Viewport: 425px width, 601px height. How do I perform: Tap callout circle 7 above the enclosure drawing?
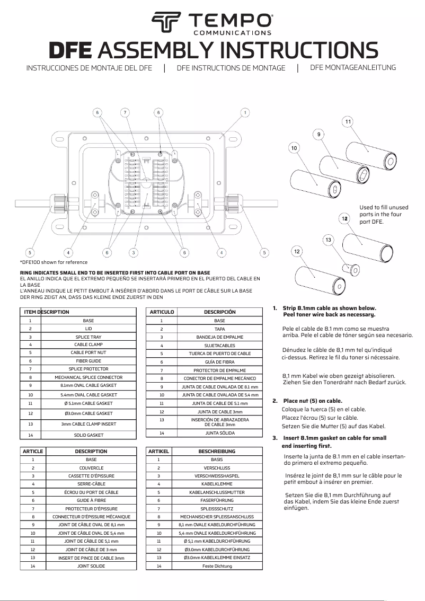point(125,112)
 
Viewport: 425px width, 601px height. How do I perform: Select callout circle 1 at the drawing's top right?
point(245,112)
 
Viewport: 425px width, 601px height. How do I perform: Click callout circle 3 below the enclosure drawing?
point(134,252)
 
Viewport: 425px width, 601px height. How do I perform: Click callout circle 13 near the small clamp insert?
point(329,240)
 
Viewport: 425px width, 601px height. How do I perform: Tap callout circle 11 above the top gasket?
point(348,122)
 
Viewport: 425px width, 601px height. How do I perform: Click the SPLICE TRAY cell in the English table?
point(88,337)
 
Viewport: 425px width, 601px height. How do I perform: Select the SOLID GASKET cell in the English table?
point(88,435)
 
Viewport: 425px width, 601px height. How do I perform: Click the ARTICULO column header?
point(161,312)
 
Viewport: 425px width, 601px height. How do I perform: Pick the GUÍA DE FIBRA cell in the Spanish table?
point(220,361)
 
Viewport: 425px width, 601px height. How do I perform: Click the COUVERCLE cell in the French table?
point(91,468)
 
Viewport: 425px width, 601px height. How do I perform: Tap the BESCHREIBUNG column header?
point(220,451)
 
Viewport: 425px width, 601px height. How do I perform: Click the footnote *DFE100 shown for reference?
point(54,262)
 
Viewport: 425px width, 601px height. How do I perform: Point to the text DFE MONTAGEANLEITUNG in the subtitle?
point(353,67)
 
